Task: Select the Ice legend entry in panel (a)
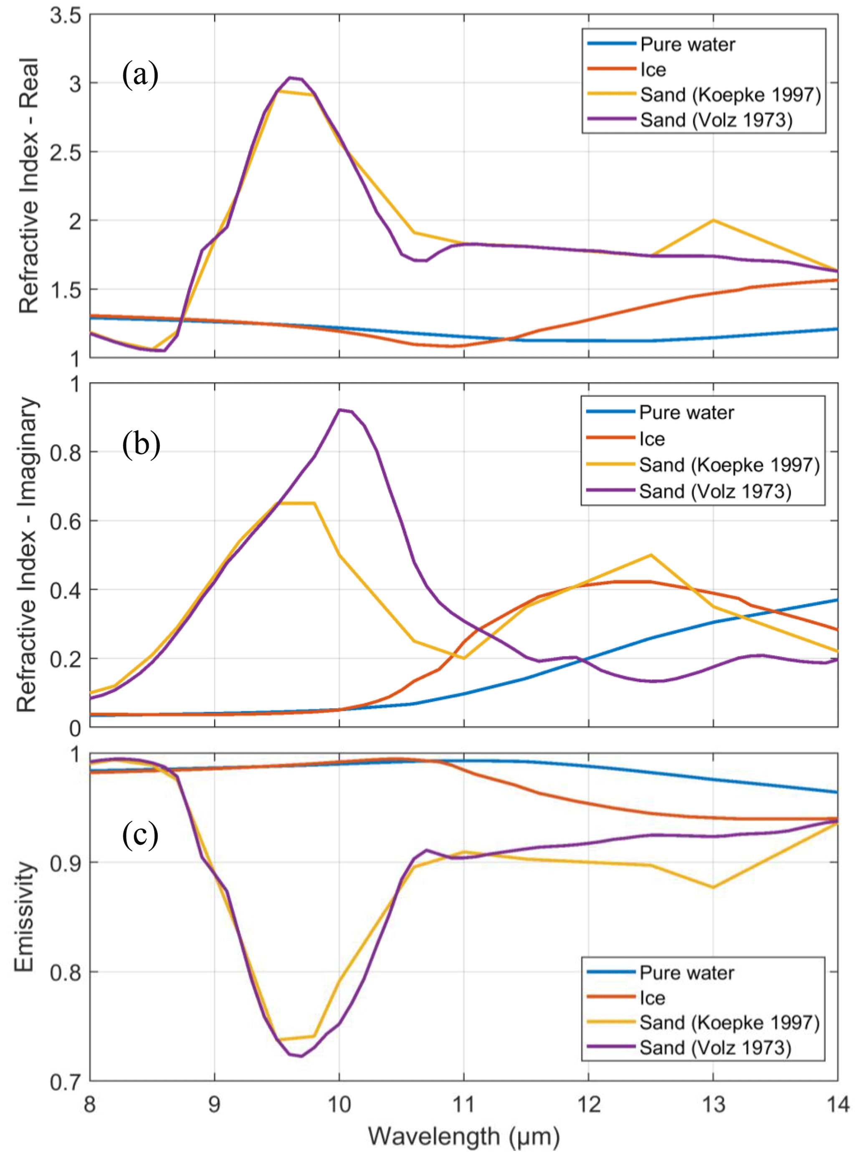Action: (653, 69)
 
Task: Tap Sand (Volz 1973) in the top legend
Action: (716, 120)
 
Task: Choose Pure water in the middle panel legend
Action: (686, 412)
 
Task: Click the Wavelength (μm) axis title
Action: (464, 1137)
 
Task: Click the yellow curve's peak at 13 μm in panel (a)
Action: (713, 220)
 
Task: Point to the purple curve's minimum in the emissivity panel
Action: (301, 1056)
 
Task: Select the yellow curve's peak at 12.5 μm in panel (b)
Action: (651, 555)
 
